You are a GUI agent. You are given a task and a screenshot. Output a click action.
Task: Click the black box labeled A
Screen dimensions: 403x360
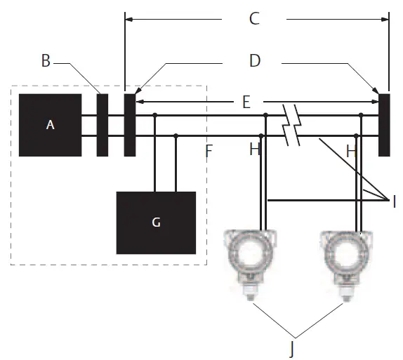click(50, 125)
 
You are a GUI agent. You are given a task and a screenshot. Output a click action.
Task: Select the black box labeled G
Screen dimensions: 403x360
click(156, 222)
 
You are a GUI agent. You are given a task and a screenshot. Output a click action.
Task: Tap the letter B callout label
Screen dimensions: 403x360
click(46, 61)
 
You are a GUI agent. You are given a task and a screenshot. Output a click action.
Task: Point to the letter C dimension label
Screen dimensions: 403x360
click(254, 19)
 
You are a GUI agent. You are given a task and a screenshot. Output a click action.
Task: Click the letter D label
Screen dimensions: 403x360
click(255, 61)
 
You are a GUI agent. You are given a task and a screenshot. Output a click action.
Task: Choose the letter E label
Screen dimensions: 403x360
click(246, 102)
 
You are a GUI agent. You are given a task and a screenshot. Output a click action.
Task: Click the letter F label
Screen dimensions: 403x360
click(209, 151)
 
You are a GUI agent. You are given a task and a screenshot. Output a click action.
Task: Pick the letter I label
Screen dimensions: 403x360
click(395, 201)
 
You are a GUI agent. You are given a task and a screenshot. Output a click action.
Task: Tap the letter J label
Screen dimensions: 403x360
click(291, 349)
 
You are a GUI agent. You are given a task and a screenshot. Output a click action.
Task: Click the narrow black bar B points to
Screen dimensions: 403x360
click(103, 125)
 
